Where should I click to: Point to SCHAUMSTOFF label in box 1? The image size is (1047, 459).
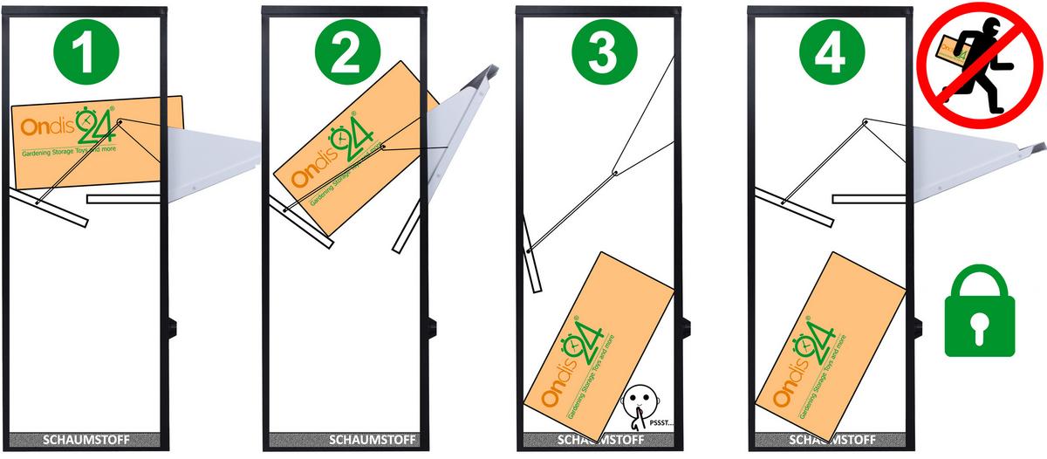[x=85, y=440]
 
